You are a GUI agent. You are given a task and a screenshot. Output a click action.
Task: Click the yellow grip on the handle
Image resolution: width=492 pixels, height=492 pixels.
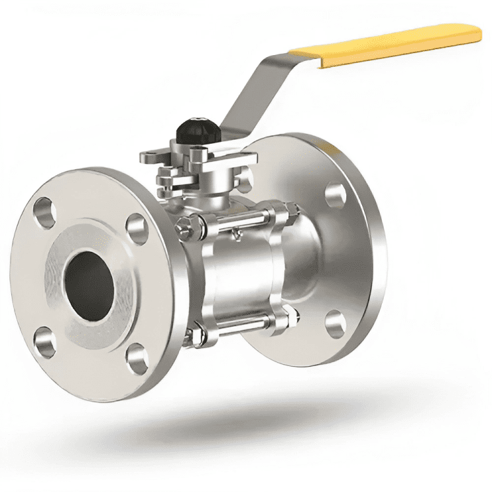pyautogui.click(x=387, y=43)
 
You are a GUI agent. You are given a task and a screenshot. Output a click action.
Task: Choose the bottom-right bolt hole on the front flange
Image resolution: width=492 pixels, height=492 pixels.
pyautogui.click(x=137, y=359)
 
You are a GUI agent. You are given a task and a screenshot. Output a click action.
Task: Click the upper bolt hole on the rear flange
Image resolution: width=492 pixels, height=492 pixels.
pyautogui.click(x=336, y=194)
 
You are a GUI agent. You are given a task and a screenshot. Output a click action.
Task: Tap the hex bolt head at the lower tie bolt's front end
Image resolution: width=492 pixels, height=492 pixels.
pyautogui.click(x=190, y=338)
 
